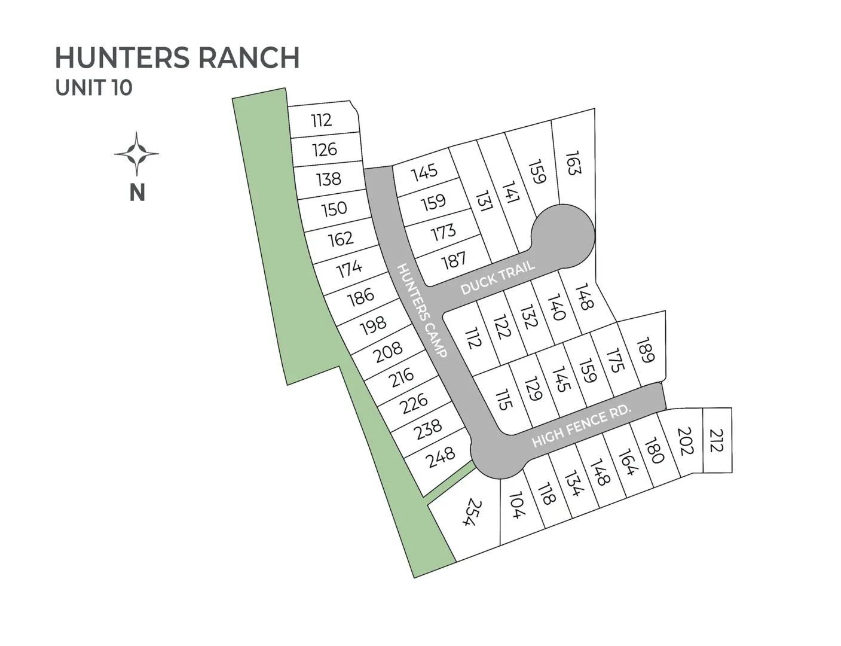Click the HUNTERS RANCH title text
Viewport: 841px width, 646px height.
(x=177, y=57)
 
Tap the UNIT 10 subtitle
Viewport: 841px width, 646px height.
(x=94, y=87)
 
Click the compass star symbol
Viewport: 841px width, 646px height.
(x=137, y=154)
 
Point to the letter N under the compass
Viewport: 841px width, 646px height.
(x=137, y=193)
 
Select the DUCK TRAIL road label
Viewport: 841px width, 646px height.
(x=497, y=279)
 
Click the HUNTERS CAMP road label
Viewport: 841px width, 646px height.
(x=422, y=310)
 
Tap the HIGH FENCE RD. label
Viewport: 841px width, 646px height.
(x=582, y=425)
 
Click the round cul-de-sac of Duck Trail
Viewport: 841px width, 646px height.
(x=563, y=234)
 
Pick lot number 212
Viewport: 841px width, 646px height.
(x=717, y=441)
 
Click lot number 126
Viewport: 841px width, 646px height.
(x=325, y=149)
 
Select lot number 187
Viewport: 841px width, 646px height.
(x=454, y=261)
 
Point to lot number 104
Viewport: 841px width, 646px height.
(x=516, y=505)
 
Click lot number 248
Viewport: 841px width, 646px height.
(x=441, y=458)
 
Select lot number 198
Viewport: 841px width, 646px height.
(x=374, y=326)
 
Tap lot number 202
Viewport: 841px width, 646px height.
(x=684, y=441)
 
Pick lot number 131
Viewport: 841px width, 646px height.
(x=484, y=202)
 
